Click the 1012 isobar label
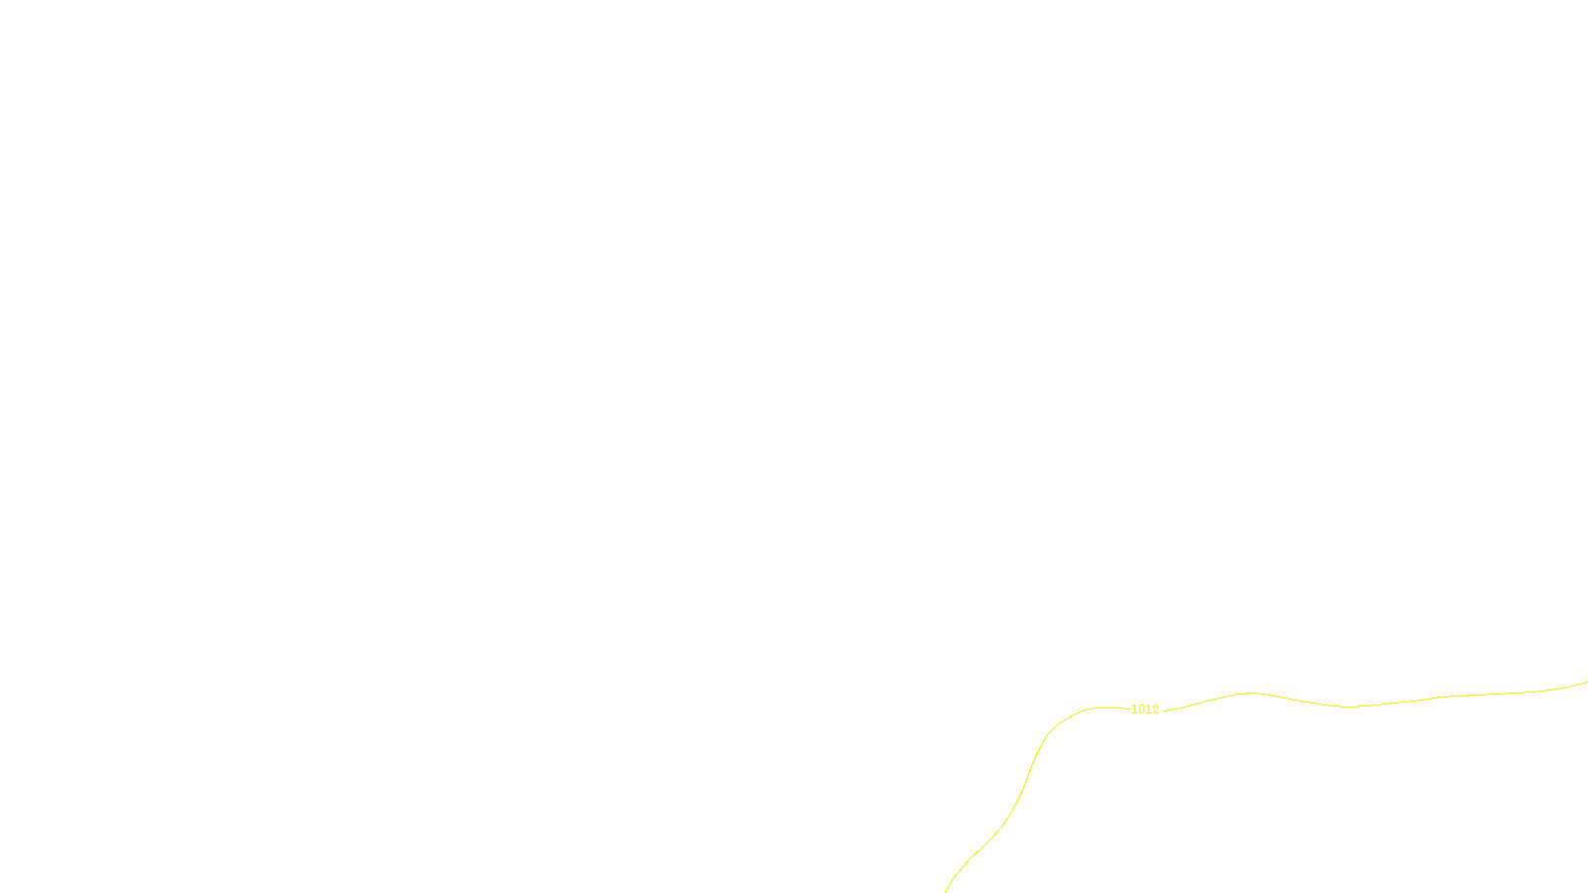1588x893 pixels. [1145, 709]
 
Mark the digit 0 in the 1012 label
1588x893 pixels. [1141, 709]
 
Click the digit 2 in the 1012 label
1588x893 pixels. [1155, 709]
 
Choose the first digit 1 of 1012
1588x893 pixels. [1134, 709]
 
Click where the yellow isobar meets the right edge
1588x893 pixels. [1586, 683]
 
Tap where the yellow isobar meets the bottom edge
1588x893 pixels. [946, 890]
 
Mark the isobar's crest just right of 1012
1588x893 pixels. [1252, 693]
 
